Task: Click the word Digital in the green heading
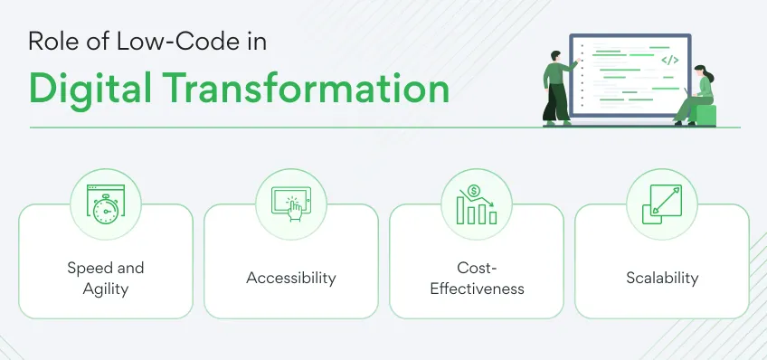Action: pyautogui.click(x=90, y=89)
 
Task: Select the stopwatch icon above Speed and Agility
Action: pyautogui.click(x=106, y=204)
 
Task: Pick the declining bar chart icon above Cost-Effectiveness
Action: pyautogui.click(x=477, y=204)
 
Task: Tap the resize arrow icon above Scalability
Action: pyautogui.click(x=662, y=204)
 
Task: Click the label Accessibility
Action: pyautogui.click(x=291, y=278)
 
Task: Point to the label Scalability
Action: pyautogui.click(x=662, y=278)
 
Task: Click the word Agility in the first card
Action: pyautogui.click(x=106, y=289)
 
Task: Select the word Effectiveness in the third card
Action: pyautogui.click(x=477, y=289)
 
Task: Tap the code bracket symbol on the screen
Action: pyautogui.click(x=669, y=61)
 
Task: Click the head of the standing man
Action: pyautogui.click(x=555, y=56)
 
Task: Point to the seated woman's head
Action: pyautogui.click(x=700, y=71)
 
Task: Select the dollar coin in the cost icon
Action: pyautogui.click(x=473, y=191)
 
